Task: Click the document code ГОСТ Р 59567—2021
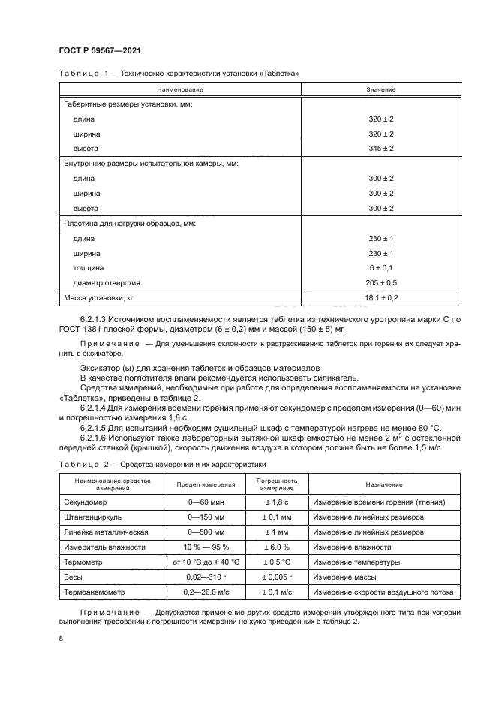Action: coord(99,50)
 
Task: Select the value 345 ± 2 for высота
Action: coord(381,149)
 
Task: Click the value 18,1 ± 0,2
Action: coord(381,297)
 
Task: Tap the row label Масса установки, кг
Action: coord(98,297)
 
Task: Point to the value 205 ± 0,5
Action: coord(381,282)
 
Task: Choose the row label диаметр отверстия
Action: coord(107,282)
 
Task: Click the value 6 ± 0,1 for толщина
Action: coord(381,267)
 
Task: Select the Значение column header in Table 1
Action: coord(381,90)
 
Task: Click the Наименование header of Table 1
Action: coord(180,90)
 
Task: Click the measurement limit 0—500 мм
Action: coord(206,532)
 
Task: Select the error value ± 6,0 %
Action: coord(277,547)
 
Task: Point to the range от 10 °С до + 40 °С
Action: coord(206,562)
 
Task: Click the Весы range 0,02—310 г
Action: coord(206,577)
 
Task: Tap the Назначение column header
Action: coord(384,484)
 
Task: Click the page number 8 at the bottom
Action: coord(60,638)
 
